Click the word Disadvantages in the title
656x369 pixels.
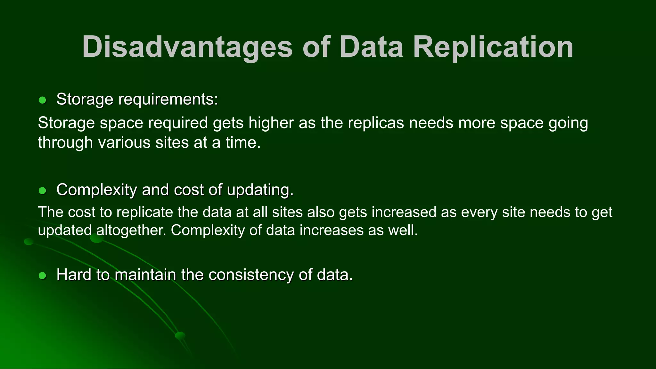point(187,47)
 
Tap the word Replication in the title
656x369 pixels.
point(493,47)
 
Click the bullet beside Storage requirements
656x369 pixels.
point(42,100)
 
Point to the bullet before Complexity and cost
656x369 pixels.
point(42,191)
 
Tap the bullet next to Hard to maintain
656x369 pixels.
point(42,275)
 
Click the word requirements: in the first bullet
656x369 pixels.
point(168,100)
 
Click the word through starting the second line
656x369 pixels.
point(65,143)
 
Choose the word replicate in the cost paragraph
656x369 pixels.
point(144,212)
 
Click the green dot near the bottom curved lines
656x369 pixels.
point(180,335)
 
